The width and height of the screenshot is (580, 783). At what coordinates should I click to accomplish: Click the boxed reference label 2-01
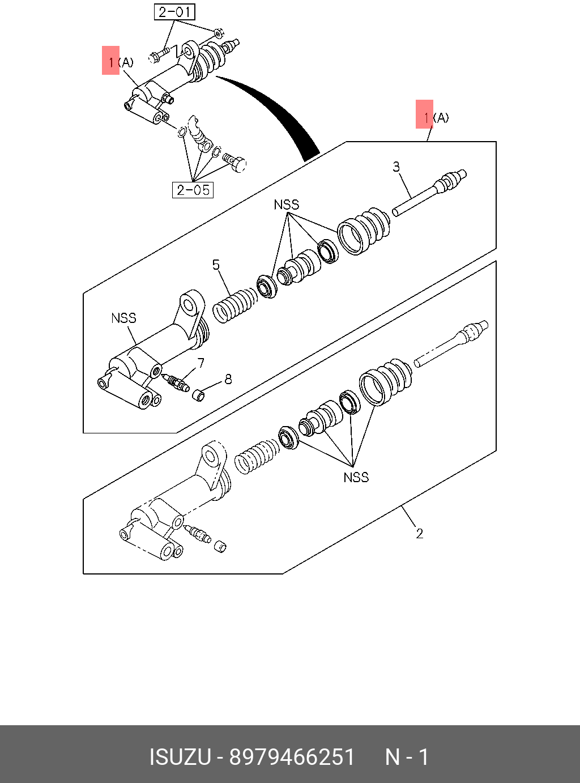tap(174, 12)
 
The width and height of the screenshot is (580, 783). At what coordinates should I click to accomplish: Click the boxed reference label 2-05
tap(193, 190)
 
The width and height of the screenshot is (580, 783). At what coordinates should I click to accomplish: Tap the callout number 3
tap(396, 167)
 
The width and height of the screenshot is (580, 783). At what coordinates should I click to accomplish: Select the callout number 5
tap(216, 265)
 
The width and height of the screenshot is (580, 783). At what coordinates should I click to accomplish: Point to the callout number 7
tap(201, 363)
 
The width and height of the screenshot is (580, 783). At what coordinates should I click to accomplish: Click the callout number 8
tap(228, 379)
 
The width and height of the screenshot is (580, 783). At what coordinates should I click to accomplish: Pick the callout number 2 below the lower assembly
tap(419, 533)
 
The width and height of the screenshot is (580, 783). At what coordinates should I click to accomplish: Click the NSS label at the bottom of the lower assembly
tap(356, 477)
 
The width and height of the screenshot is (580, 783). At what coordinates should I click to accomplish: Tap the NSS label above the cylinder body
tap(123, 318)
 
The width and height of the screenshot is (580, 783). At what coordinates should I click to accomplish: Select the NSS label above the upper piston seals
tap(286, 205)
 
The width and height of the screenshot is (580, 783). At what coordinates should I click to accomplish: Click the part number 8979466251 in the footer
tap(292, 757)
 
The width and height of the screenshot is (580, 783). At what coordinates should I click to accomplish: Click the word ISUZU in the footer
tap(180, 757)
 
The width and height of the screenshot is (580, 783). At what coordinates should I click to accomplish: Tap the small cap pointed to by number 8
tap(198, 395)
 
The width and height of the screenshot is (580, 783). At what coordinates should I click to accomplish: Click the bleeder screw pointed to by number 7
tap(176, 382)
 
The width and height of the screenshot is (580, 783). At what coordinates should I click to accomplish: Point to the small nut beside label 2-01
tap(219, 33)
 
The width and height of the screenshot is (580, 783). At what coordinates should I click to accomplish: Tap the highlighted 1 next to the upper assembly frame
tap(424, 114)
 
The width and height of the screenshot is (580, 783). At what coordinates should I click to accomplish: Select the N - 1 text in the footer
tap(407, 757)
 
